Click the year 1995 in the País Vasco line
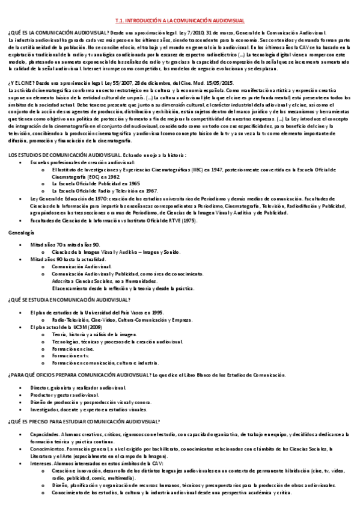tap(156, 313)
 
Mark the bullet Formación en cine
tap(70, 348)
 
